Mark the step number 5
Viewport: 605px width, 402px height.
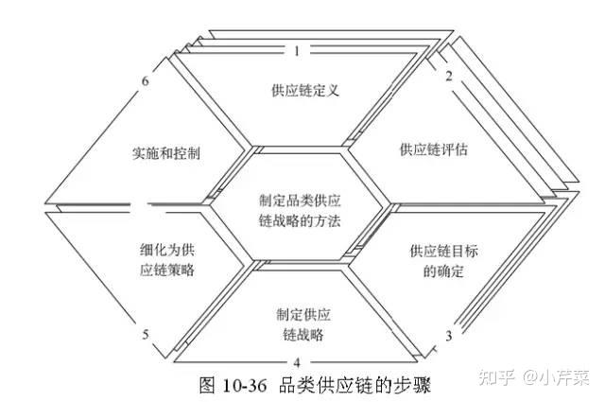(x=146, y=334)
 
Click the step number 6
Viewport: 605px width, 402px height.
(x=146, y=80)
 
